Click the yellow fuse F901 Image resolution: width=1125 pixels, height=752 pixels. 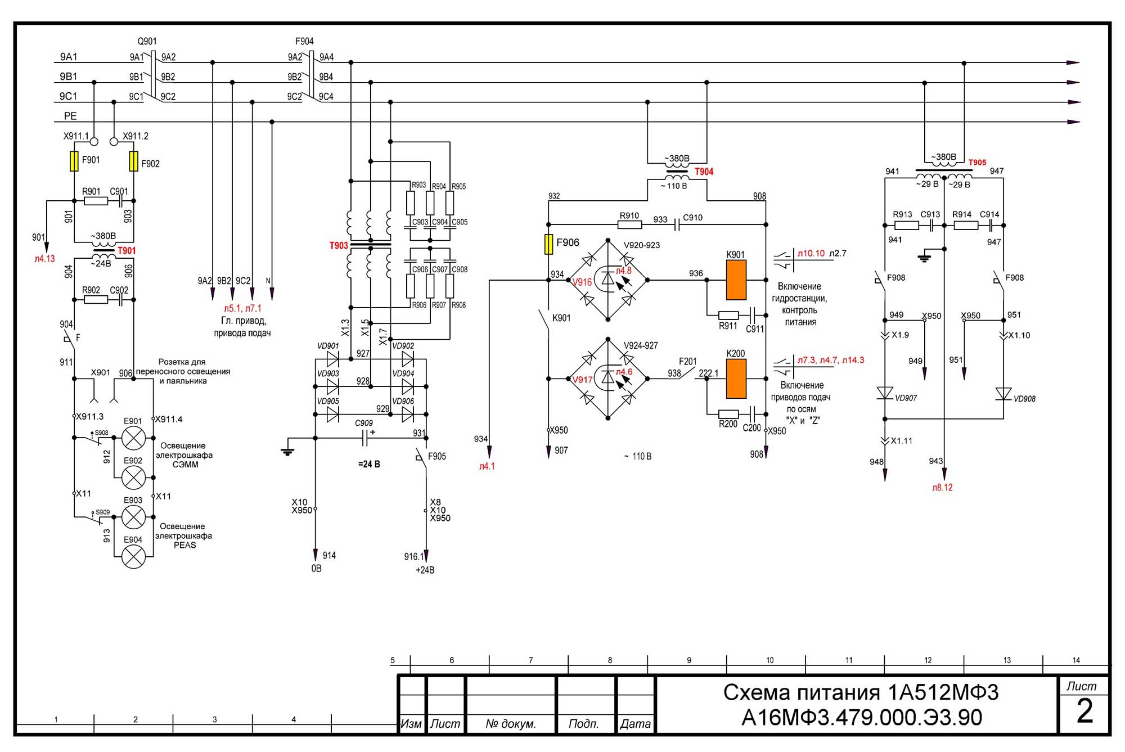coord(74,161)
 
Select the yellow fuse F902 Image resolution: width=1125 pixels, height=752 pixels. coord(133,161)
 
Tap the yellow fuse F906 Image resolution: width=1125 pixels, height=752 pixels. coord(548,245)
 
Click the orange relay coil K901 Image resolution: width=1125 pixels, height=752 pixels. coord(736,280)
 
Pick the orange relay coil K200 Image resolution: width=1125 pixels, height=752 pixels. coord(736,379)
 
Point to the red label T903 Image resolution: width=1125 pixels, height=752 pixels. coord(339,246)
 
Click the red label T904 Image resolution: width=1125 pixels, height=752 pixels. coord(704,172)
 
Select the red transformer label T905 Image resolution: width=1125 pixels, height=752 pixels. coord(977,163)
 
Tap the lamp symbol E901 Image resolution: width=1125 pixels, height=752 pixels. coord(133,438)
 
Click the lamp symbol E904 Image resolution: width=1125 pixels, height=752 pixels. coord(133,556)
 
